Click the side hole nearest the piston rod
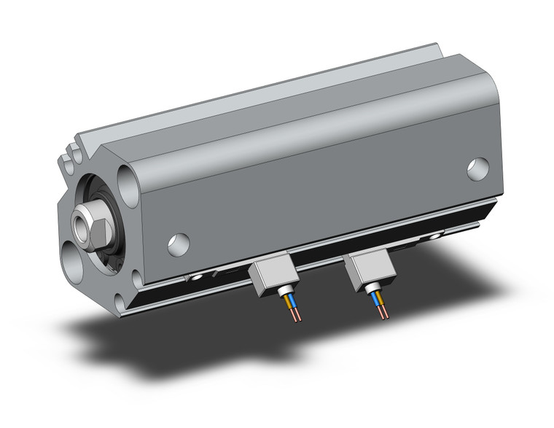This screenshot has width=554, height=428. [x=178, y=244]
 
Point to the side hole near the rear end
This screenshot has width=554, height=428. [x=478, y=169]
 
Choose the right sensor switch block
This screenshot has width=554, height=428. [x=370, y=270]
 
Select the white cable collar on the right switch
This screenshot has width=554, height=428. [x=376, y=289]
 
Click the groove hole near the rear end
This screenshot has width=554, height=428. [x=437, y=236]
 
